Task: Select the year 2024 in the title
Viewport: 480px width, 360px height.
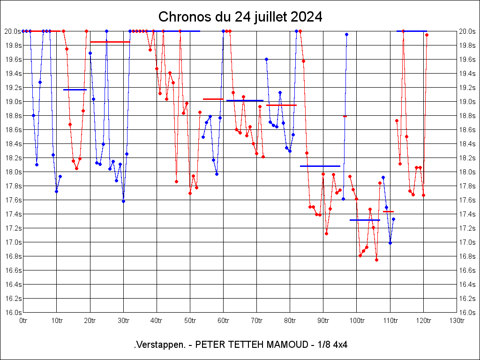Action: (x=306, y=17)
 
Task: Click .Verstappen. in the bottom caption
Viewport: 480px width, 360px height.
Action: (x=159, y=345)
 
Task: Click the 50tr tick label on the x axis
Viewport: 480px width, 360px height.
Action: (x=190, y=320)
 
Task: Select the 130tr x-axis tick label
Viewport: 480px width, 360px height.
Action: (x=457, y=320)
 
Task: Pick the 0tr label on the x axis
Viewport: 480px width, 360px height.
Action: (x=23, y=320)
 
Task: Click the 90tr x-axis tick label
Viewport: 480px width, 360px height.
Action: (x=323, y=320)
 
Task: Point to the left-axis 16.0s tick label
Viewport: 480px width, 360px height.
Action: (x=12, y=313)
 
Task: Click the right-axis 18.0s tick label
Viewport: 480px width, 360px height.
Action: (x=467, y=172)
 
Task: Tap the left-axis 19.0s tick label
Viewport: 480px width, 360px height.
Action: (x=12, y=102)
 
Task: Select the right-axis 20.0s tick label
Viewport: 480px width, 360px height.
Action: (x=467, y=31)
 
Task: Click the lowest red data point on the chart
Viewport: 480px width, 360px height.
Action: (x=376, y=260)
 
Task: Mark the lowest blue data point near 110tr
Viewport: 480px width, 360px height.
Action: (x=390, y=243)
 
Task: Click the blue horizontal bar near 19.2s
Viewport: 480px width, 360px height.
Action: (x=75, y=90)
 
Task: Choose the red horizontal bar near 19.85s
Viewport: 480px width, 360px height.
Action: (x=110, y=42)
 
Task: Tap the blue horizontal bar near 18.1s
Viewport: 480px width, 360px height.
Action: (x=320, y=166)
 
